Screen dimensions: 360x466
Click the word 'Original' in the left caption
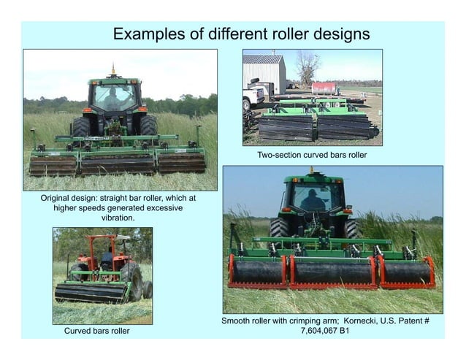coord(59,198)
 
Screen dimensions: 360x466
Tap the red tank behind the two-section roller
coord(325,88)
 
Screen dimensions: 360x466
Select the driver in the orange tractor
coord(107,257)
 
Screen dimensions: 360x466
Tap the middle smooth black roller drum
coord(332,272)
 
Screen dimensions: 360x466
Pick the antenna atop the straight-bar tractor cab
coord(112,70)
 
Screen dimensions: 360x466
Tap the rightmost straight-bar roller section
coord(182,162)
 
